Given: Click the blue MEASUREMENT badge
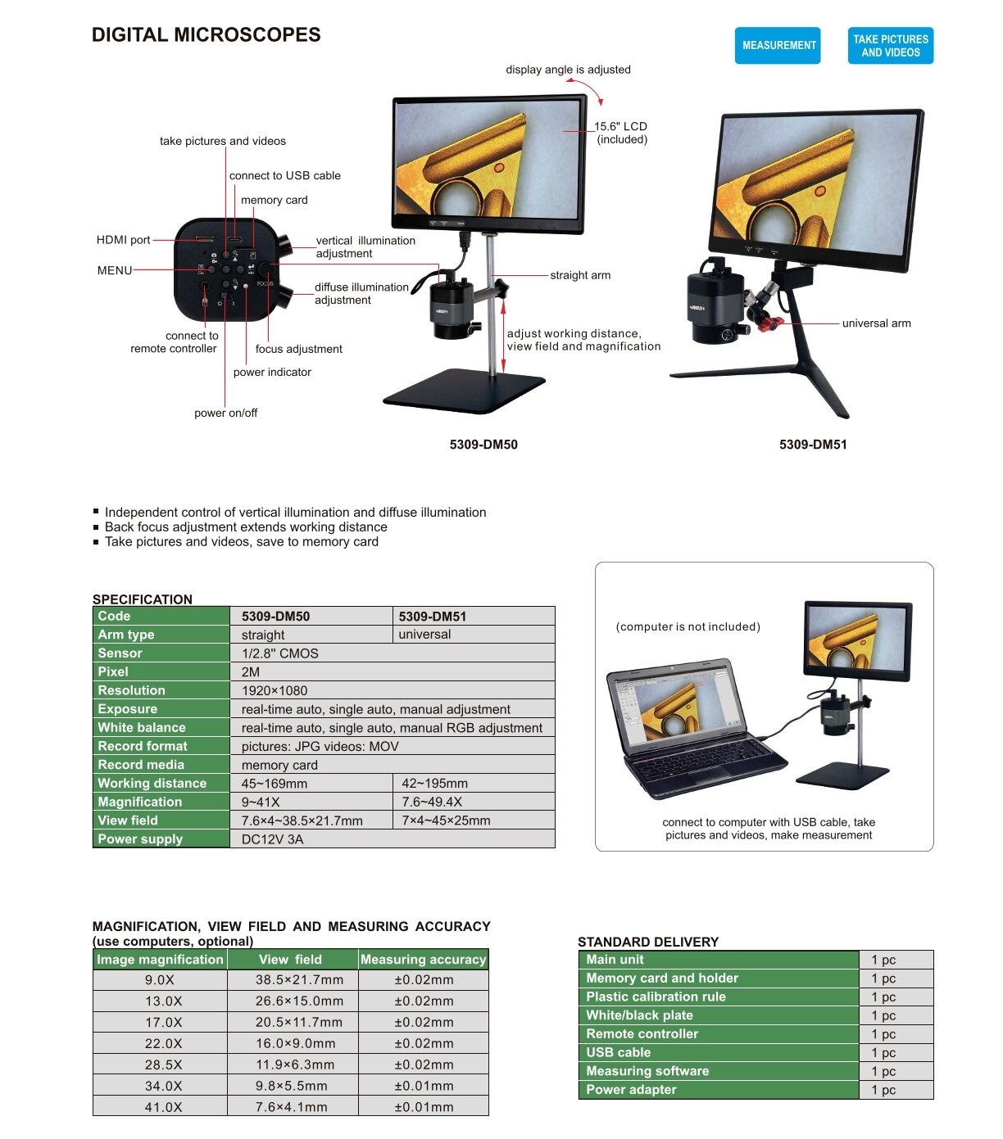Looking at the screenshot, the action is click(x=777, y=45).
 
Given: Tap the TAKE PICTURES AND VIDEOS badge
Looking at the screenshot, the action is click(x=890, y=45).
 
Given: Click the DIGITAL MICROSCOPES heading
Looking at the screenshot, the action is click(x=206, y=35).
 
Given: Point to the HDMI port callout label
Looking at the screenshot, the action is click(x=123, y=240).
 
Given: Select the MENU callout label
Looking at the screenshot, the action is click(x=115, y=270).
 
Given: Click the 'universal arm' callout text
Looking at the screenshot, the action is click(x=876, y=323).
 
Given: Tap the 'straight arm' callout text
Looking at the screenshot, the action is click(x=580, y=275).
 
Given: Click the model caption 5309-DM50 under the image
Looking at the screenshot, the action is click(x=483, y=445).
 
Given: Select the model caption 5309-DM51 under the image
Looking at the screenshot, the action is click(x=813, y=445).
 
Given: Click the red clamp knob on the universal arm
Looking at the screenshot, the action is click(x=769, y=324).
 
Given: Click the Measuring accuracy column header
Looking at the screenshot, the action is click(x=423, y=960).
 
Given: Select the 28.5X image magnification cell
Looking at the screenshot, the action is click(x=163, y=1064).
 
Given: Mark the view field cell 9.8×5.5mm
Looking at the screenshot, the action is click(x=292, y=1086).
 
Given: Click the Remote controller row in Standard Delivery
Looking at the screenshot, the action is click(x=719, y=1034).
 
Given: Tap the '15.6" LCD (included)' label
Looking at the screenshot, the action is click(x=621, y=133).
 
